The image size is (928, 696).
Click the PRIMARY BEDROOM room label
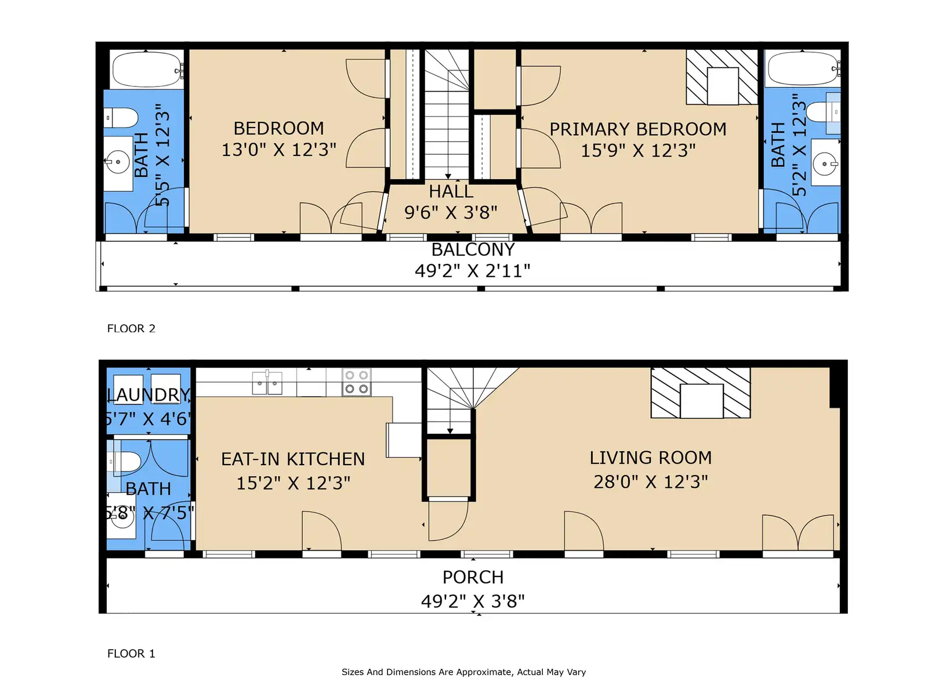[637, 129]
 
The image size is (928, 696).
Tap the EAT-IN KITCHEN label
[292, 459]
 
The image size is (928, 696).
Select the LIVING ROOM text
[651, 458]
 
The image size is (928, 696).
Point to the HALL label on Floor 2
[451, 191]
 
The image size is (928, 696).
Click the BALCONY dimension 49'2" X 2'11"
[472, 270]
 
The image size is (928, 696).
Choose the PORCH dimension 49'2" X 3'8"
[473, 601]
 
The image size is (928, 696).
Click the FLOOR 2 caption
[131, 328]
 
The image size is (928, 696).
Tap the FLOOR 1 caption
[131, 653]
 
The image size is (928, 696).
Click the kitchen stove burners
[356, 382]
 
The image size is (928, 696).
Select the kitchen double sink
[267, 383]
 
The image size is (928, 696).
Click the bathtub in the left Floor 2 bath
[146, 69]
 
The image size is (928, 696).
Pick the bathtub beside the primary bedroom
[802, 68]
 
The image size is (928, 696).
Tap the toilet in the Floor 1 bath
[124, 462]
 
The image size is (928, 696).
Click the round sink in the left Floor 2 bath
[118, 162]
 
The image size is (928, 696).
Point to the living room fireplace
[701, 393]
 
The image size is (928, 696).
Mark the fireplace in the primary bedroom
[722, 77]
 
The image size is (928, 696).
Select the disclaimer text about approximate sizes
[464, 672]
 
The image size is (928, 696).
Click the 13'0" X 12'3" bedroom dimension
[278, 150]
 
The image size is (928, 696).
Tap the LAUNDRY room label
[149, 394]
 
